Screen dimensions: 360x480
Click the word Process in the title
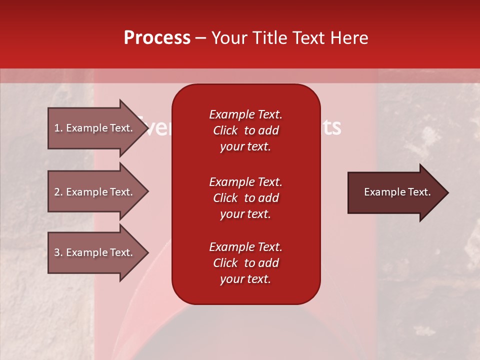pyautogui.click(x=157, y=38)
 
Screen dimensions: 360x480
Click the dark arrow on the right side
pyautogui.click(x=395, y=192)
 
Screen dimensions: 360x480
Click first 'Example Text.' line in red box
pyautogui.click(x=245, y=114)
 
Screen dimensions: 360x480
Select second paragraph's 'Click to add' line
pyautogui.click(x=245, y=198)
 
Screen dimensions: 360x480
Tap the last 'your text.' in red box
pyautogui.click(x=245, y=279)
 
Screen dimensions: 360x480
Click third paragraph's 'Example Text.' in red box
pyautogui.click(x=245, y=247)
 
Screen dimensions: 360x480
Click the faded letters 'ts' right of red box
pyautogui.click(x=331, y=127)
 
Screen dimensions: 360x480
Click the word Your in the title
pyautogui.click(x=229, y=38)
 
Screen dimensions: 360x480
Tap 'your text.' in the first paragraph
pyautogui.click(x=245, y=146)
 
